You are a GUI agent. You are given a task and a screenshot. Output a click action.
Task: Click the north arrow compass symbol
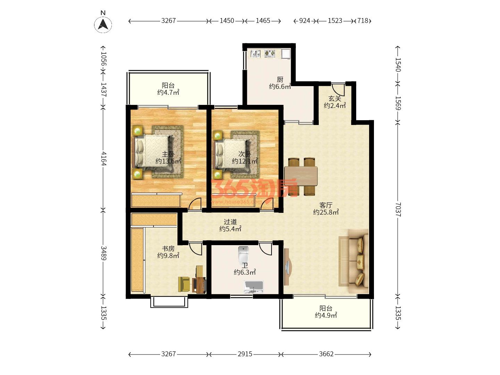(x=103, y=24)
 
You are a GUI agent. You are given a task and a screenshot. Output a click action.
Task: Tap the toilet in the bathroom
(x=243, y=254)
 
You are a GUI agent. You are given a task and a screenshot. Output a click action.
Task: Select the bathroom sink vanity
(x=253, y=287)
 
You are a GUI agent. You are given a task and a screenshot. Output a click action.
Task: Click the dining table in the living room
(x=301, y=176)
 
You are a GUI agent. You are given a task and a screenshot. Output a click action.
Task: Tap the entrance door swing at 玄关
(x=338, y=90)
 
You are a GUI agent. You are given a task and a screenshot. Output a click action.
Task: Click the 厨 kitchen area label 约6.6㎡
(x=280, y=86)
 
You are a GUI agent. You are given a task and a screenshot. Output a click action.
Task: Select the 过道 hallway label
(x=230, y=222)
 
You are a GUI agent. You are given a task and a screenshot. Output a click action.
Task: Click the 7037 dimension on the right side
(x=398, y=209)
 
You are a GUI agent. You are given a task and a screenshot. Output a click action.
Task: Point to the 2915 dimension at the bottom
(x=245, y=354)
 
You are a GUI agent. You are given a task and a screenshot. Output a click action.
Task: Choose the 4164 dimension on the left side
(x=103, y=158)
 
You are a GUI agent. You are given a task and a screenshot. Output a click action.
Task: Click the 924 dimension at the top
(x=305, y=21)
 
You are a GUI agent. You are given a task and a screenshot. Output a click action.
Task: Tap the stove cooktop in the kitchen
(x=270, y=53)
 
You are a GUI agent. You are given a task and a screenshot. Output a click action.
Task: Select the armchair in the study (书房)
(x=184, y=284)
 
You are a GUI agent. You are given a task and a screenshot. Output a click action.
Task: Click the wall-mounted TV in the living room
(x=287, y=267)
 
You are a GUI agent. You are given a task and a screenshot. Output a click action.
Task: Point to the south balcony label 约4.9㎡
(x=326, y=315)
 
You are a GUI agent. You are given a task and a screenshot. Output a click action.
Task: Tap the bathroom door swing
(x=265, y=249)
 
